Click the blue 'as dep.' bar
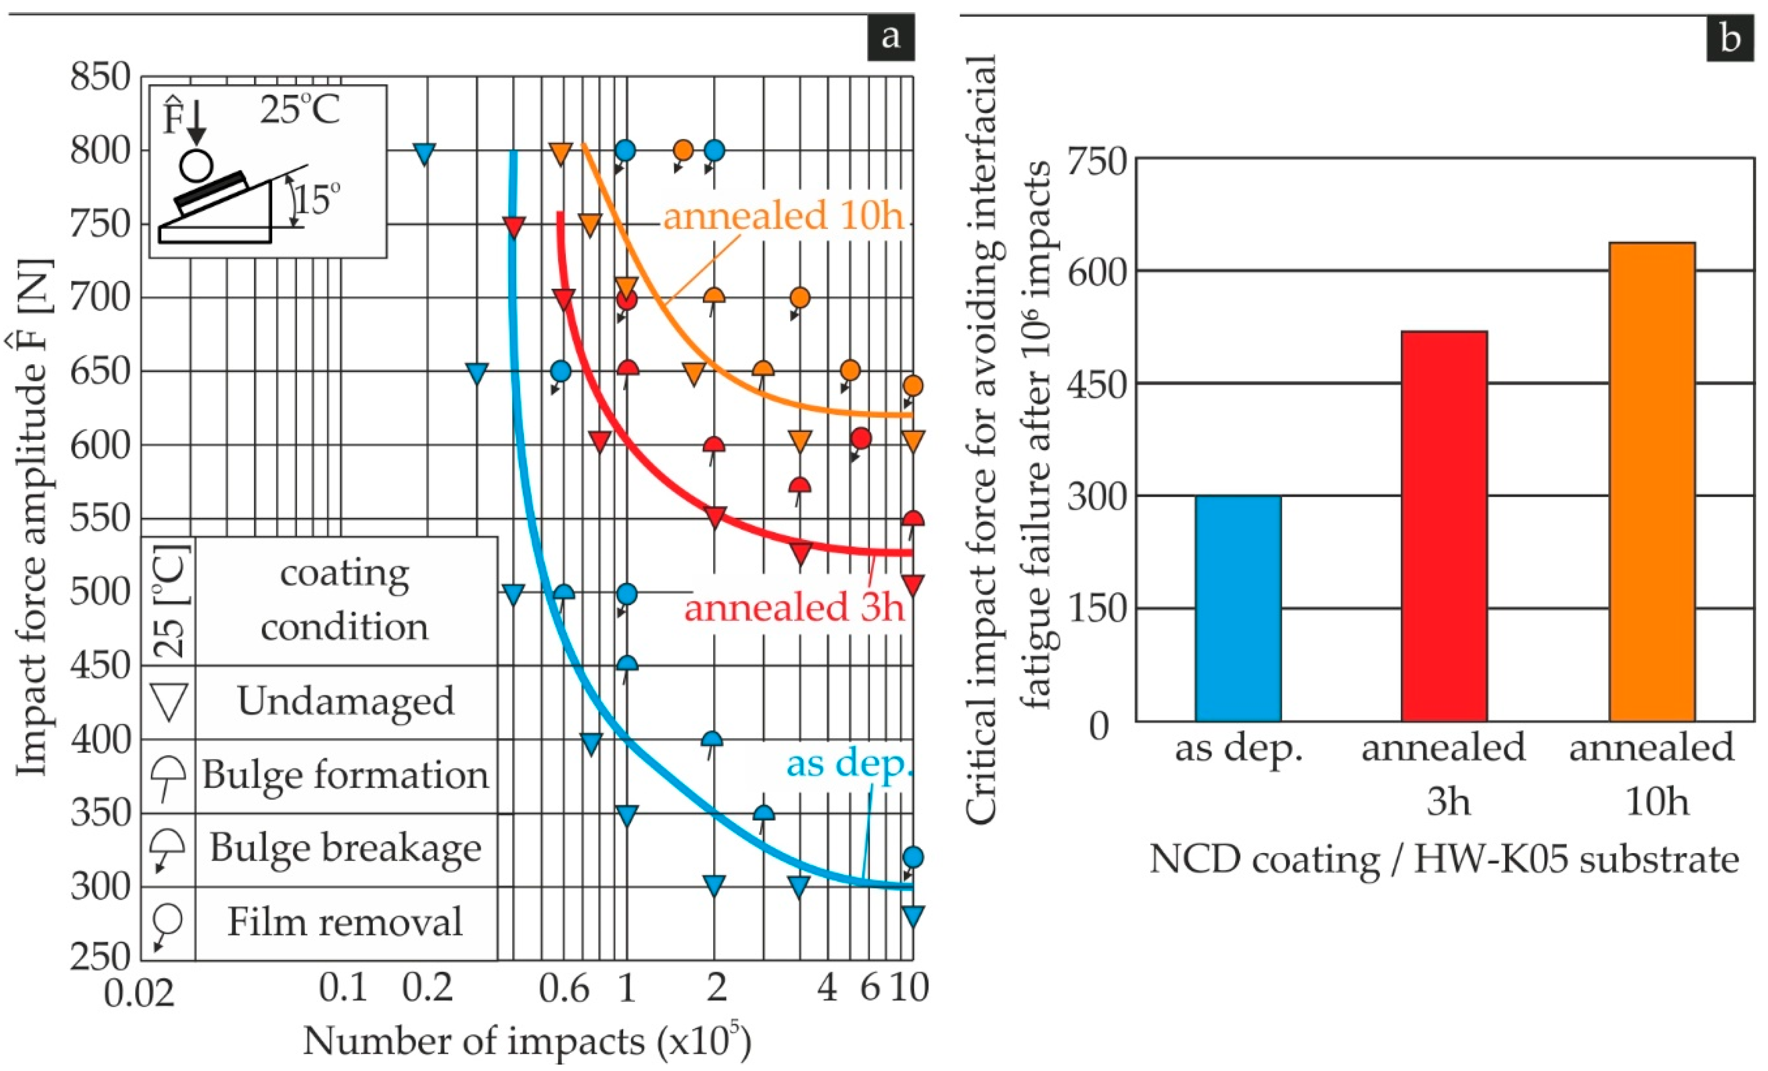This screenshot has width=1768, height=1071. point(1238,608)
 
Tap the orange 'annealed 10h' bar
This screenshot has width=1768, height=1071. point(1652,482)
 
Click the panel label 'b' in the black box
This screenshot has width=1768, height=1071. point(1730,37)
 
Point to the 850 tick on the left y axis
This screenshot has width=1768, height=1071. point(101,76)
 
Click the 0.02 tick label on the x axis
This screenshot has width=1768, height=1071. point(139,993)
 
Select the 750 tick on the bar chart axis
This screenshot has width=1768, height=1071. point(1096,161)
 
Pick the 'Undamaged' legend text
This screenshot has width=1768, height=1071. point(346,701)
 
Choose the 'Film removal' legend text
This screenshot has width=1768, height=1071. point(345,922)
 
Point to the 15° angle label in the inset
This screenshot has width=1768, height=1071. point(316,199)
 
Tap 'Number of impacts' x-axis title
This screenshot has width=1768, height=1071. point(473,1041)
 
